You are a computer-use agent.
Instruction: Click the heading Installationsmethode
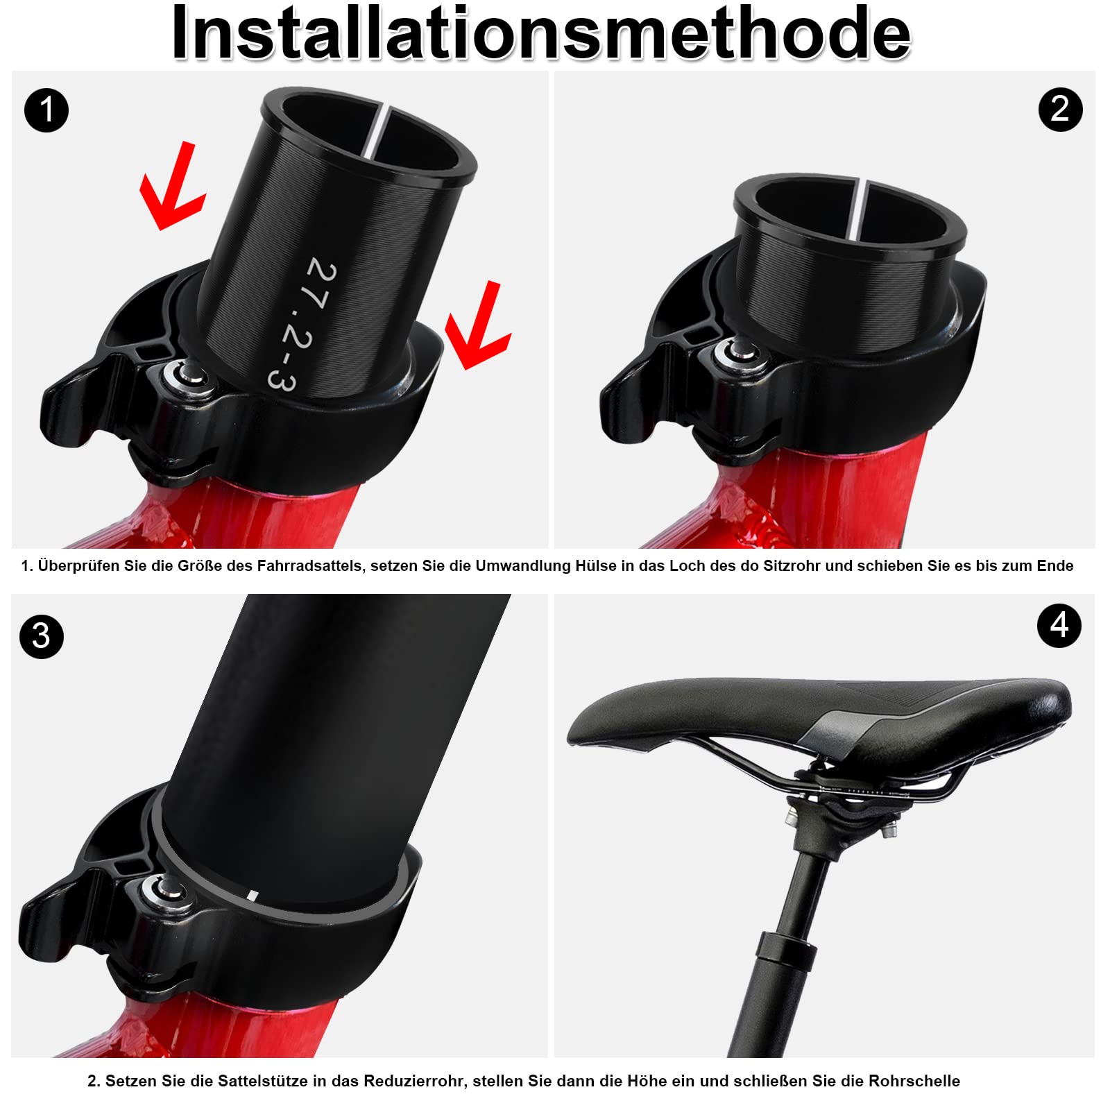pyautogui.click(x=541, y=33)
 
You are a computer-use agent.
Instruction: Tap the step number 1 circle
pyautogui.click(x=46, y=110)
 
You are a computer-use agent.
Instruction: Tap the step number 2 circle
pyautogui.click(x=1060, y=110)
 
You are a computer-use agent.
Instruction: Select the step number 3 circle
pyautogui.click(x=42, y=636)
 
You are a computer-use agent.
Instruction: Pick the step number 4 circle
pyautogui.click(x=1059, y=626)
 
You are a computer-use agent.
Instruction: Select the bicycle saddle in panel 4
pyautogui.click(x=819, y=715)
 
